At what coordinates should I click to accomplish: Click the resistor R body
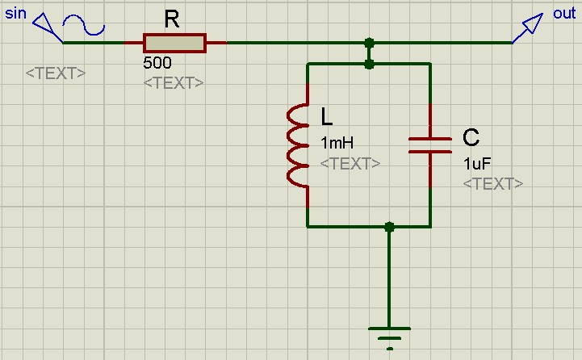[174, 42]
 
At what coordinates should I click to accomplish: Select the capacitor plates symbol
[429, 144]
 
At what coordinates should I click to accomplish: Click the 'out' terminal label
[564, 15]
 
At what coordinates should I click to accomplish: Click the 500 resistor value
[157, 62]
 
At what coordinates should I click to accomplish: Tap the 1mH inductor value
[337, 144]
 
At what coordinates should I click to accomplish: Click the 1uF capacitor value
[477, 164]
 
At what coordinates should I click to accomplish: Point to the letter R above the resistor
[172, 20]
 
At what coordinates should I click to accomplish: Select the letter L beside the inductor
[326, 118]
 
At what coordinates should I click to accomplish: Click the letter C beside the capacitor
[471, 137]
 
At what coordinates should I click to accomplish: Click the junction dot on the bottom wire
[390, 227]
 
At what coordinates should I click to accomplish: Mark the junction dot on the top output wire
[369, 42]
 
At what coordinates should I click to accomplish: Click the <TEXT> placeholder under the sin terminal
[55, 73]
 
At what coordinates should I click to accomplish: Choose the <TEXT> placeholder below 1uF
[492, 184]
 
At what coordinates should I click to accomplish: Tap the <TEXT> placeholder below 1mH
[350, 164]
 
